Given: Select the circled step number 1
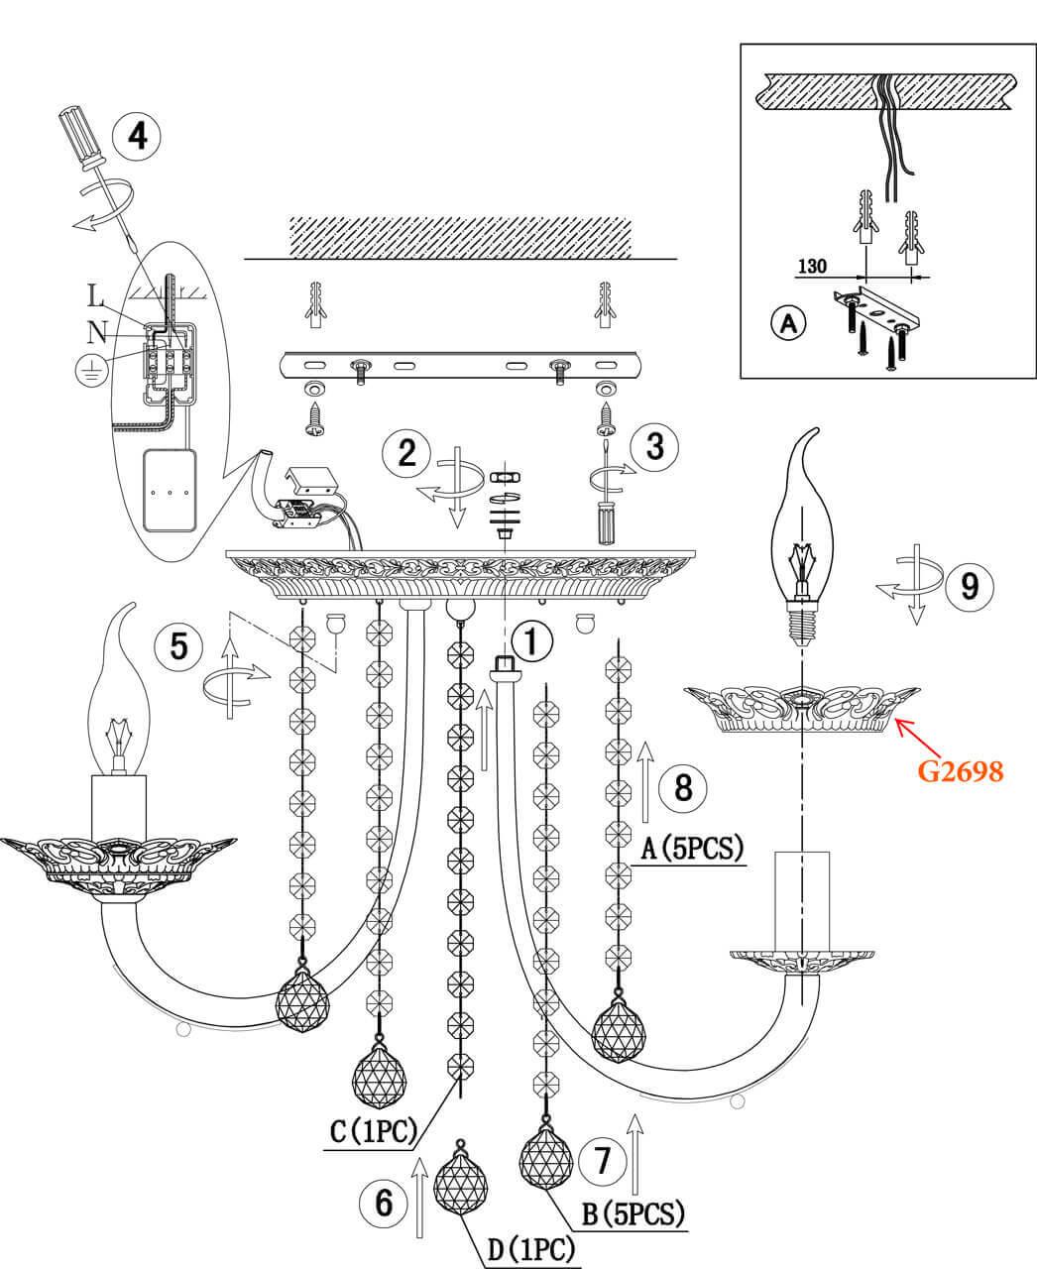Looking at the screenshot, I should click(531, 642).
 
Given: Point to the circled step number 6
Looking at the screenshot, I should click(384, 1203).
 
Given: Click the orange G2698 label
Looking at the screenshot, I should click(960, 770).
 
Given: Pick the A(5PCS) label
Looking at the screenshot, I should click(689, 849).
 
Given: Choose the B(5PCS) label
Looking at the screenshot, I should click(634, 1213).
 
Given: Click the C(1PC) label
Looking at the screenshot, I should click(373, 1132).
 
